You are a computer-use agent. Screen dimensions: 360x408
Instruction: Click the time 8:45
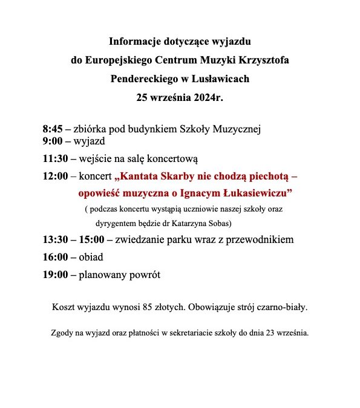point(52,129)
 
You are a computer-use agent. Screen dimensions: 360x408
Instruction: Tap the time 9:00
point(52,142)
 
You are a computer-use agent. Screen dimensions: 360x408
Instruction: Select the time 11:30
point(55,160)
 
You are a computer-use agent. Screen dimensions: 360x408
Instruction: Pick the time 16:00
point(55,257)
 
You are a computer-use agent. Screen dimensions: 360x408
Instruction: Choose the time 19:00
point(55,274)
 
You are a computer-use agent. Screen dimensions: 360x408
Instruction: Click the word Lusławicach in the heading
point(220,79)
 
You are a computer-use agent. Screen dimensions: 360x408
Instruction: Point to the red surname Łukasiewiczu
point(258,193)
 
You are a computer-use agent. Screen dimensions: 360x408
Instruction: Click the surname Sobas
point(212,222)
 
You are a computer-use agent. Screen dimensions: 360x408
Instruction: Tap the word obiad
point(91,257)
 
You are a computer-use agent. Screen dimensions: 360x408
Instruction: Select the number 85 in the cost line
point(146,307)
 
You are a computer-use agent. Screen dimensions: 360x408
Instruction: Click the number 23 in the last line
point(266,332)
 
